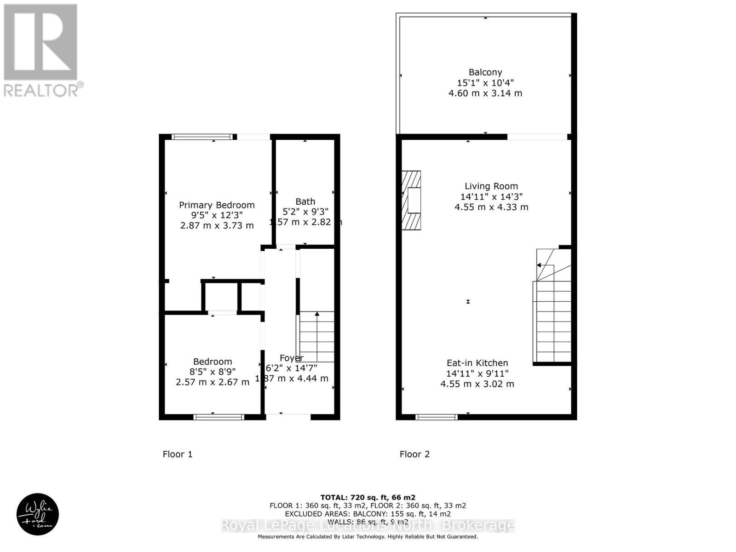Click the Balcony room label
(x=485, y=72)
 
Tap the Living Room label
(x=491, y=186)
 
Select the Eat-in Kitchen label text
(x=477, y=363)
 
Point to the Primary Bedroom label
(x=217, y=205)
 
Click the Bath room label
(x=305, y=201)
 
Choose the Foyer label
(x=291, y=358)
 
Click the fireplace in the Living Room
(x=412, y=200)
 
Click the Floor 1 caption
(x=178, y=454)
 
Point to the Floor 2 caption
(x=414, y=454)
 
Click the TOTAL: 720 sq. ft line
(x=368, y=497)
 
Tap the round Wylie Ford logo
(x=38, y=514)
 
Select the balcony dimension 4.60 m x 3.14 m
(x=485, y=93)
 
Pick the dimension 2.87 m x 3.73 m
(x=217, y=225)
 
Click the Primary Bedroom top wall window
(x=202, y=137)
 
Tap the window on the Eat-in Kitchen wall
(x=436, y=417)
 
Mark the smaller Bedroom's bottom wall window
(x=218, y=417)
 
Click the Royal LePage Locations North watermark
(x=368, y=525)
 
